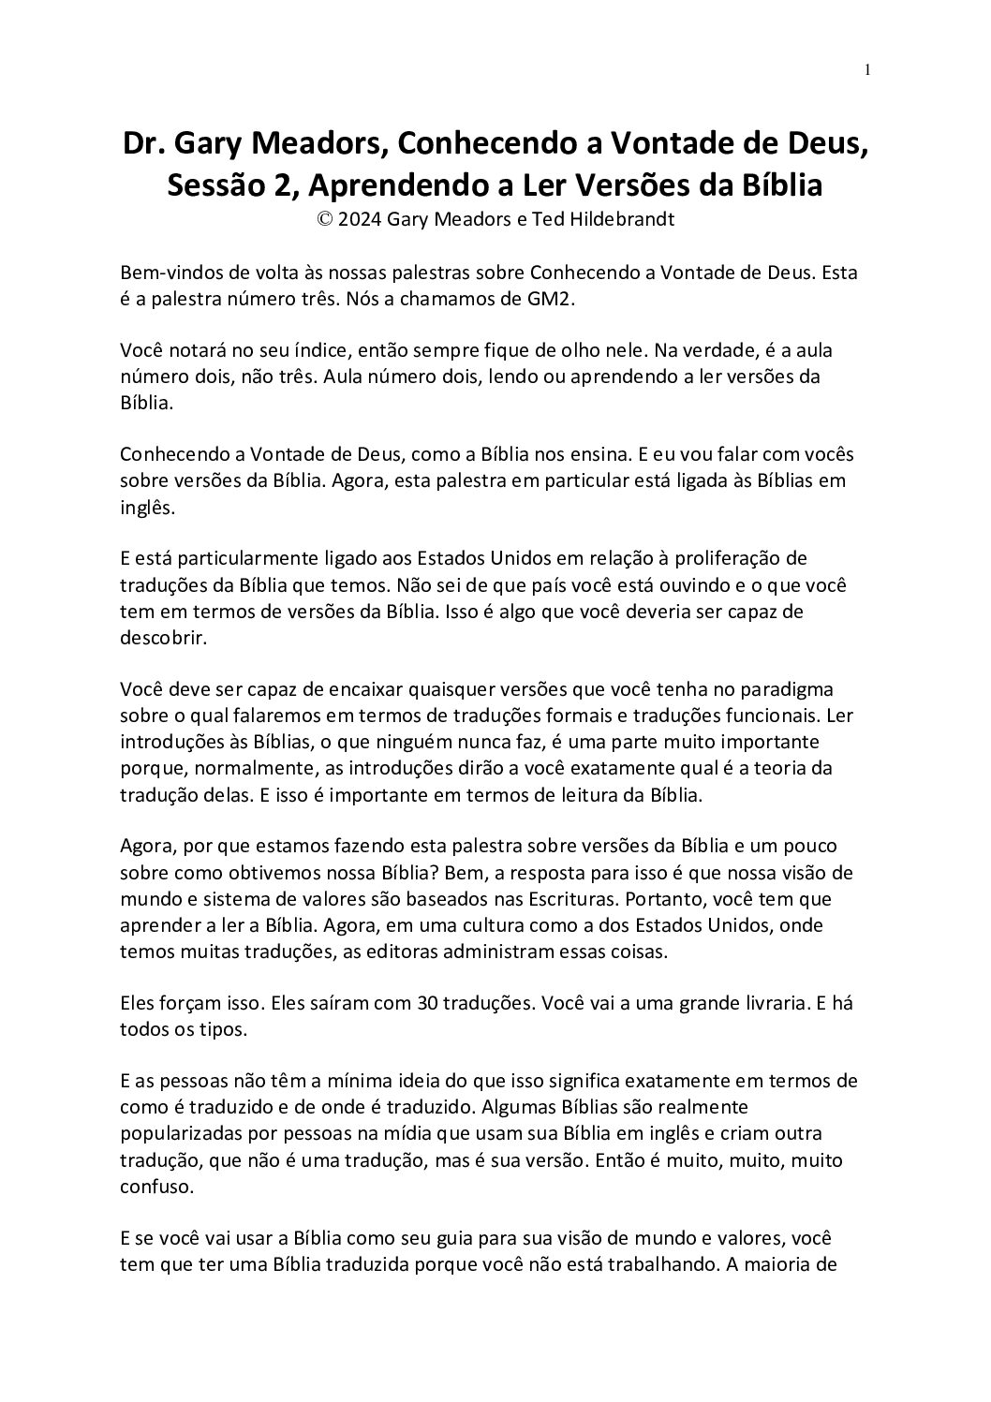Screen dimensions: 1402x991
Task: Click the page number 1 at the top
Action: point(868,69)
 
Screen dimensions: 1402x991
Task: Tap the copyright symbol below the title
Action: point(326,220)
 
